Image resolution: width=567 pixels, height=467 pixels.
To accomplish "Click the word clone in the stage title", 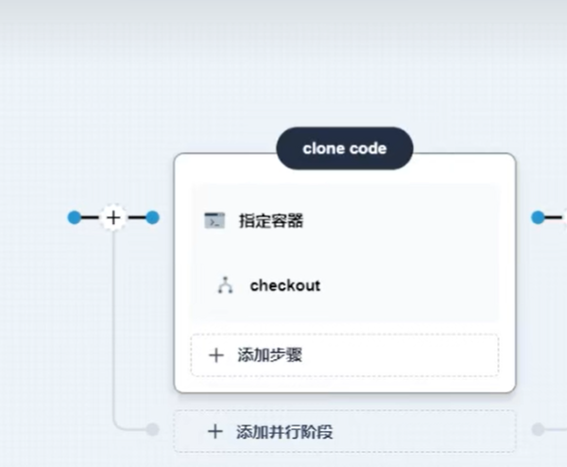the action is tap(323, 148).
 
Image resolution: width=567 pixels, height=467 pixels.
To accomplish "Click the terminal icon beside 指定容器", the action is tap(215, 221).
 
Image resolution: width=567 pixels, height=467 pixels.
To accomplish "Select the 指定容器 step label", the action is tap(270, 221).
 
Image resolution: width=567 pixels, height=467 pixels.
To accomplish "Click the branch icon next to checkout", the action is tap(225, 285).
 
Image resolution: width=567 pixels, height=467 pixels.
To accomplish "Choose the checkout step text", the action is tap(284, 285).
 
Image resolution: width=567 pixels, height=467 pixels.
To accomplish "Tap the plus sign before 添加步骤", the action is tap(215, 355).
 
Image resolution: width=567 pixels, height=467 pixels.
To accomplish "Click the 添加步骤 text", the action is tap(269, 355).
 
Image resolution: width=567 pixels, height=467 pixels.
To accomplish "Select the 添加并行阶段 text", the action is tap(284, 432).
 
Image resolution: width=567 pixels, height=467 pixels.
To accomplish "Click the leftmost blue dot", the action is tap(74, 217).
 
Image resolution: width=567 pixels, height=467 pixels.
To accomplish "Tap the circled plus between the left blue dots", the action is tap(113, 217).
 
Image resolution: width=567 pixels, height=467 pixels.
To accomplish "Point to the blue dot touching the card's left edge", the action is tap(152, 217).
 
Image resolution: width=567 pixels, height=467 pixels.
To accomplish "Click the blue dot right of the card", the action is tap(538, 217).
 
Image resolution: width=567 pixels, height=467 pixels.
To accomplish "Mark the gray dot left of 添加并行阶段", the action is tap(152, 429).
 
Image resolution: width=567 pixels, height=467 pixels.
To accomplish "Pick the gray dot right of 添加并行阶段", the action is tap(538, 429).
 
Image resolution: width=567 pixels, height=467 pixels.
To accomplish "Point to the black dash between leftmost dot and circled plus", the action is tap(91, 217).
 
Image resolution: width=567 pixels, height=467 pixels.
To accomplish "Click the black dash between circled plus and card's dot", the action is tap(136, 217).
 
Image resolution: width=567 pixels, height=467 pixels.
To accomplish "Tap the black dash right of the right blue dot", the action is tap(555, 217).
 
